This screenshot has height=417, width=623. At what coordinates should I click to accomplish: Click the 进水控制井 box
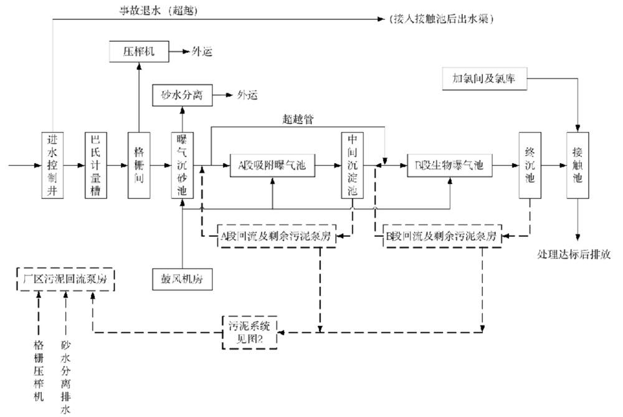tap(53, 165)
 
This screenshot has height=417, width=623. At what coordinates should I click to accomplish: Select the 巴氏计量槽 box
tap(96, 165)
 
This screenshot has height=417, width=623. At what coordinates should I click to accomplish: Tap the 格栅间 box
tap(139, 165)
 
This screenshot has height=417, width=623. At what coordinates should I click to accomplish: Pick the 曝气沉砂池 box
tap(182, 165)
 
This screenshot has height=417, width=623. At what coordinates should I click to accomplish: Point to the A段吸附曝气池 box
tap(272, 165)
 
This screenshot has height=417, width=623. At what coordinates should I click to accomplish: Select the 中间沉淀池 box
tap(352, 165)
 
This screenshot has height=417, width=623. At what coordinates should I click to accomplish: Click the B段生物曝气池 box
tap(449, 165)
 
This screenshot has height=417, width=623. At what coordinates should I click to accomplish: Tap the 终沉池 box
tap(530, 165)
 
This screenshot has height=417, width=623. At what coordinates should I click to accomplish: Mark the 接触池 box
tap(578, 165)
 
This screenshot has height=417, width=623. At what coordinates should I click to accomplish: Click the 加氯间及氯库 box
tap(483, 79)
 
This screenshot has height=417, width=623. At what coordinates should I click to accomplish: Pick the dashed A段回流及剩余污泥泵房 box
tap(276, 236)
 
